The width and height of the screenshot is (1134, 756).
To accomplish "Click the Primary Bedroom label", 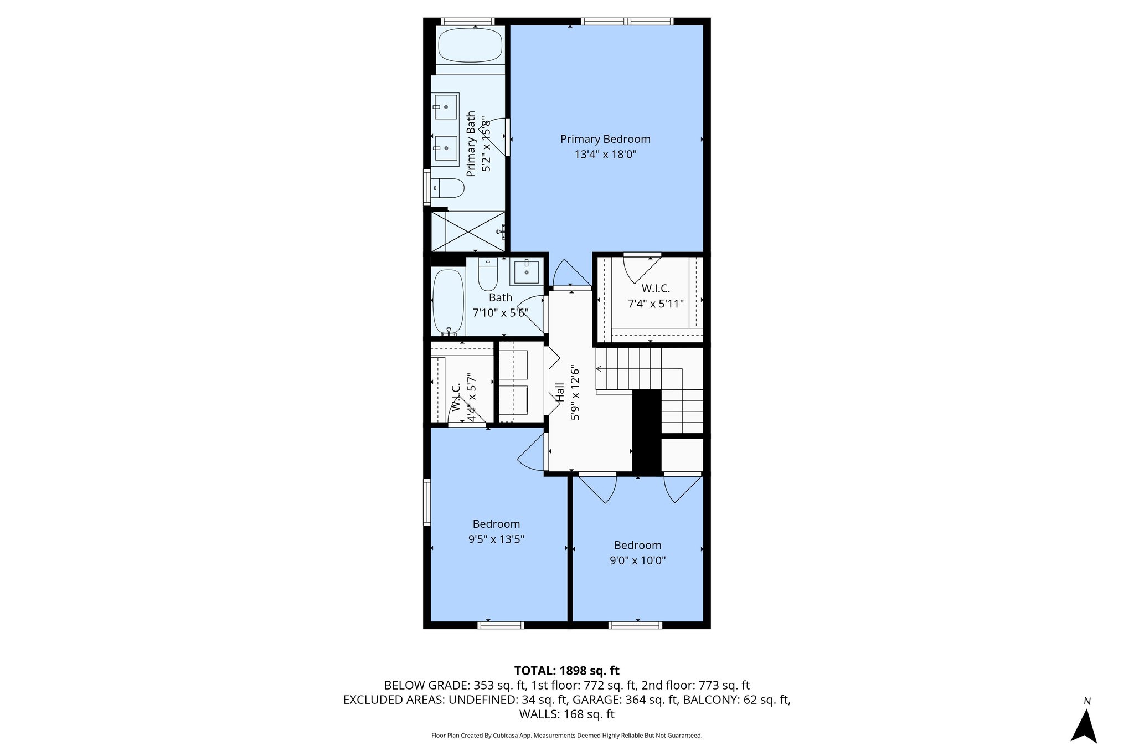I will click(605, 139).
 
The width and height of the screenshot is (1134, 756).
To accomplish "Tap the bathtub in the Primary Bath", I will click(470, 45).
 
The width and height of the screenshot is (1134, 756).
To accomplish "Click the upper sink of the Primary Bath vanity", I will click(446, 106).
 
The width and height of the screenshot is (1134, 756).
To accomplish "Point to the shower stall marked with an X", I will click(468, 231).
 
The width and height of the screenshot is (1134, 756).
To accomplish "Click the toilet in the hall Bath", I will click(488, 275).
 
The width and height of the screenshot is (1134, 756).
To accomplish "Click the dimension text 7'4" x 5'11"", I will click(656, 304).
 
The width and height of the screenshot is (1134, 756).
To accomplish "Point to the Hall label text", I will click(560, 392).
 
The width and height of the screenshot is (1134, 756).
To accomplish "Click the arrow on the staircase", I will click(600, 369).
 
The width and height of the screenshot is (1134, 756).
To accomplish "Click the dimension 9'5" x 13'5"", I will click(496, 539).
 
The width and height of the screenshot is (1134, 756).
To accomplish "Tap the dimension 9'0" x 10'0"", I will click(637, 560).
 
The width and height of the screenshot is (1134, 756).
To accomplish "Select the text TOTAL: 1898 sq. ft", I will click(566, 671).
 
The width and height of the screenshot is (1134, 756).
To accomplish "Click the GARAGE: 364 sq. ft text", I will click(625, 700).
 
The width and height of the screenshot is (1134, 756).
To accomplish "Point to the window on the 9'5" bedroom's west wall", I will click(427, 502).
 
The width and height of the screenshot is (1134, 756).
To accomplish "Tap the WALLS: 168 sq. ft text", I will click(566, 714).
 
